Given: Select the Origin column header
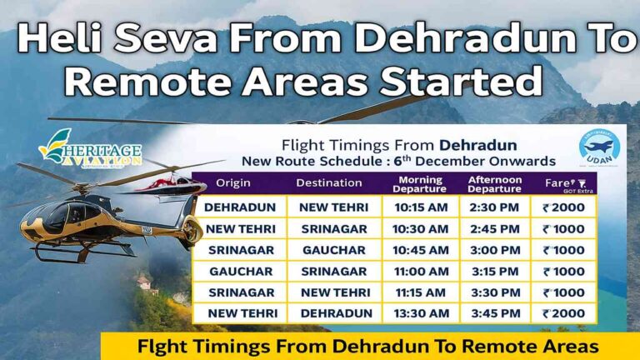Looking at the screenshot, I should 233,182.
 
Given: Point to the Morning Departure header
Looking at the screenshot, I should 420,182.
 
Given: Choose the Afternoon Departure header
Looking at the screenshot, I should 495,182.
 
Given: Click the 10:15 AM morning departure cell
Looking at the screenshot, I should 420,207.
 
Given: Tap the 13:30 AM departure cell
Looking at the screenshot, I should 420,314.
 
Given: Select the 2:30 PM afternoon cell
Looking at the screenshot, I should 495,207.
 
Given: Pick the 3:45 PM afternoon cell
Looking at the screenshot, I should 495,314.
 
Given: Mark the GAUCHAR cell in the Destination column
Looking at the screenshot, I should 333,250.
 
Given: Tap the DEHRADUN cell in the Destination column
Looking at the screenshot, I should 333,314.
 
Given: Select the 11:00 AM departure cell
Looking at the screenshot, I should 420,272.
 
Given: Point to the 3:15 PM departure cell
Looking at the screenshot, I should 495,272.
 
